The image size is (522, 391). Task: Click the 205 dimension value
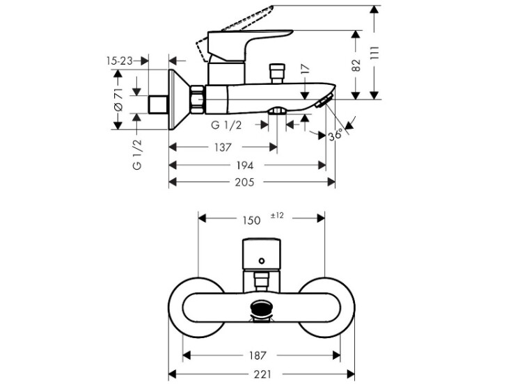click(244, 182)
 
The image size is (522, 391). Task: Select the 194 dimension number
click(245, 165)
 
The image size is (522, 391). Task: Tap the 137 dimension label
click(223, 147)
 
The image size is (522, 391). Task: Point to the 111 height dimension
click(375, 53)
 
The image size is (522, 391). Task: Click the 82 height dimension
click(356, 65)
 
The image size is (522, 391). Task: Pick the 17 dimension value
click(305, 69)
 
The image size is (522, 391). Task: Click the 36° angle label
click(335, 135)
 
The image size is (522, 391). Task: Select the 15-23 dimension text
click(119, 61)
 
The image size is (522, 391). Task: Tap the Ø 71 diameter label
click(118, 99)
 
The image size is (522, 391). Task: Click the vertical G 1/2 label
click(137, 154)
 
